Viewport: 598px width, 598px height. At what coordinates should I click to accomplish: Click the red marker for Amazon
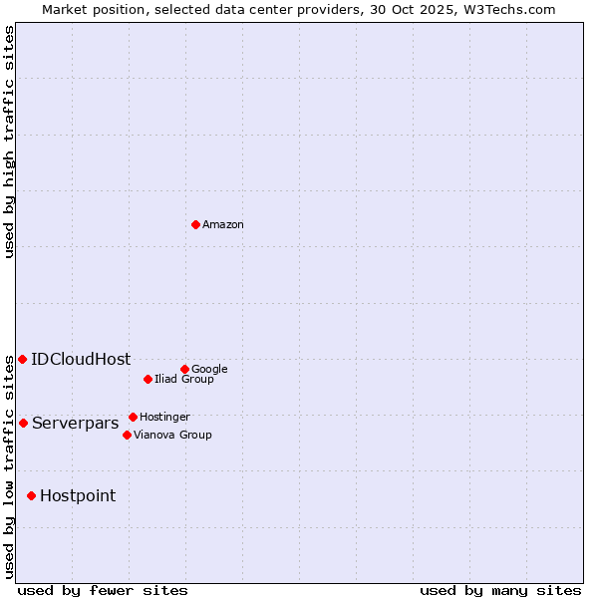point(195,224)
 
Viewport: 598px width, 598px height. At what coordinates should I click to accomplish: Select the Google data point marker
point(184,369)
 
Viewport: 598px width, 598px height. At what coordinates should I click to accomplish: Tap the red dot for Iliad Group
point(148,379)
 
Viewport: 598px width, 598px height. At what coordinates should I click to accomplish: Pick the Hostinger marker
point(133,417)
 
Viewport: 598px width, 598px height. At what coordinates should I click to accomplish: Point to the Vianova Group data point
point(127,435)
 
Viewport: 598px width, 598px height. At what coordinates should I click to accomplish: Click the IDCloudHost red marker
point(22,359)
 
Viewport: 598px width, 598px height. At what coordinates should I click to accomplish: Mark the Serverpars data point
point(23,423)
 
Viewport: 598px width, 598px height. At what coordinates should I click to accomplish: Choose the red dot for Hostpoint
point(31,495)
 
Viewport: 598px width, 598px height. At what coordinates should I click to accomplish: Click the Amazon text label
point(223,225)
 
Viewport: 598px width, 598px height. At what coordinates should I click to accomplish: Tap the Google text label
point(209,369)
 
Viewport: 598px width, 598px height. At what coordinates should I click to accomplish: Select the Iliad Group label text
point(184,379)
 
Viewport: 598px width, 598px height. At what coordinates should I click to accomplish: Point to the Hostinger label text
point(164,417)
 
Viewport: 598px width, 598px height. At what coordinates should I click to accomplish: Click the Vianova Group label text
point(172,435)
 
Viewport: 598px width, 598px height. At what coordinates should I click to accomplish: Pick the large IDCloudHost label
point(81,360)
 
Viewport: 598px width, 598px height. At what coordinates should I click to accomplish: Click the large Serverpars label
point(75,424)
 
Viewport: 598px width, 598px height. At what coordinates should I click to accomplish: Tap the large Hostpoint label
point(78,496)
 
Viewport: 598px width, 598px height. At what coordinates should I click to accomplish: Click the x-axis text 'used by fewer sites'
point(103,590)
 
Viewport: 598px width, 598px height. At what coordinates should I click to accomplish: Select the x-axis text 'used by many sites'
point(500,590)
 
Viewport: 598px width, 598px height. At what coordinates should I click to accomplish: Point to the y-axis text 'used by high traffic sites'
point(10,142)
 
